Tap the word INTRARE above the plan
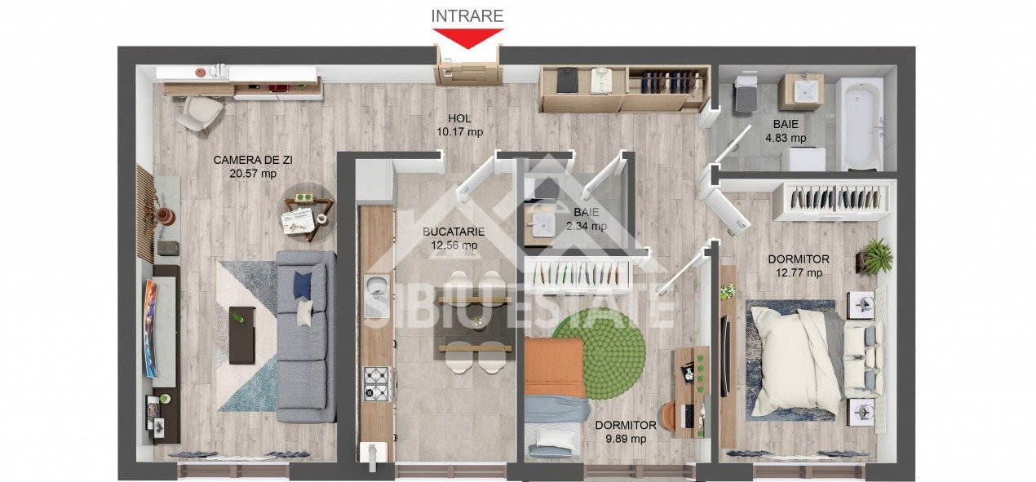pyautogui.click(x=467, y=15)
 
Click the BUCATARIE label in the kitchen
pyautogui.click(x=454, y=232)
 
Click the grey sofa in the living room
pyautogui.click(x=305, y=334)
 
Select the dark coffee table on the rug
pyautogui.click(x=241, y=334)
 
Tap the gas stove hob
pyautogui.click(x=376, y=383)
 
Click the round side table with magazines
pyautogui.click(x=308, y=210)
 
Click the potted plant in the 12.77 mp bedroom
pyautogui.click(x=876, y=255)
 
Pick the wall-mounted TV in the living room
pyautogui.click(x=151, y=327)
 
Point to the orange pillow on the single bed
pyautogui.click(x=555, y=367)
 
